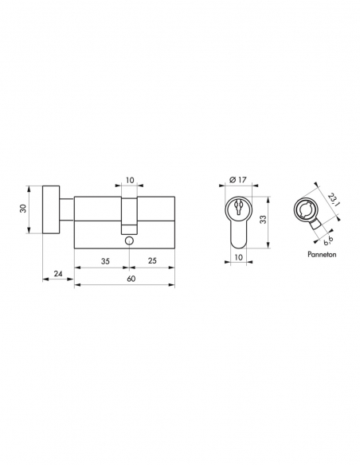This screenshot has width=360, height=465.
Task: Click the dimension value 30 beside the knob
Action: point(23,208)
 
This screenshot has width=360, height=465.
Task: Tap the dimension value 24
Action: point(58,273)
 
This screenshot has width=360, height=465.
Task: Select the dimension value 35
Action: point(105,261)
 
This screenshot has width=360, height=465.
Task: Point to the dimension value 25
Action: point(152,260)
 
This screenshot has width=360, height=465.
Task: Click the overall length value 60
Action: point(131,279)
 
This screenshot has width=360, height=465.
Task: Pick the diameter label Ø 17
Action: point(238,179)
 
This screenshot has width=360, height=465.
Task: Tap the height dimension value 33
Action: point(263,219)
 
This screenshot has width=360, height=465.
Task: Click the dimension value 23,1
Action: point(333,200)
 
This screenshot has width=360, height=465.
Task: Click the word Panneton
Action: point(322,254)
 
